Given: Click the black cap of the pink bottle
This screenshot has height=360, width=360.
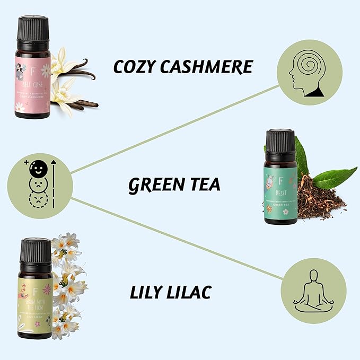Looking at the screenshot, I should pyautogui.click(x=33, y=28).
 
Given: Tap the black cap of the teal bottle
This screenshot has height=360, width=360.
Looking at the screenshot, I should pyautogui.click(x=279, y=140).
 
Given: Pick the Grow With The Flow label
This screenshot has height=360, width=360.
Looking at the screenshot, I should pyautogui.click(x=36, y=302).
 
